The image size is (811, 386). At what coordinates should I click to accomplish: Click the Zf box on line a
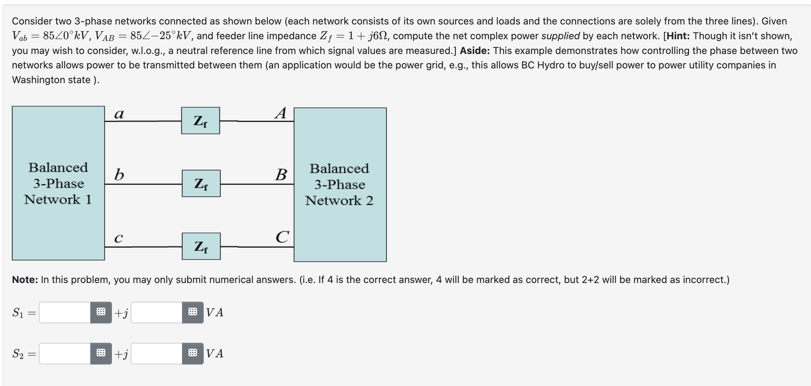tap(200, 121)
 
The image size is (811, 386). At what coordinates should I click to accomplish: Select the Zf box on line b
tap(201, 183)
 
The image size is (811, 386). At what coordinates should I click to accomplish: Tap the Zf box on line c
tap(201, 246)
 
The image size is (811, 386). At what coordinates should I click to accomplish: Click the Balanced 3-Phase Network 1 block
tap(58, 183)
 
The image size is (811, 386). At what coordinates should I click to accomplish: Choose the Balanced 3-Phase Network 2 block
tap(340, 184)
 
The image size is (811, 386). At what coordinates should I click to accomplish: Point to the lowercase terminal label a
tap(119, 114)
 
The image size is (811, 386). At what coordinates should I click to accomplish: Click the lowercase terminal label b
tap(119, 175)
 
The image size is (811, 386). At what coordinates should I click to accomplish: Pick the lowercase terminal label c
tap(118, 238)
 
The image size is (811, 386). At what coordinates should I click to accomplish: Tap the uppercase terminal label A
tap(281, 113)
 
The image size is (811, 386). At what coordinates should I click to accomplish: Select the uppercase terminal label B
tap(281, 175)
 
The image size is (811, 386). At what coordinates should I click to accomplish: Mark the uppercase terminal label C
tap(282, 237)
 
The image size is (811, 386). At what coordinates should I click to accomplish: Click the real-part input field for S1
tap(65, 312)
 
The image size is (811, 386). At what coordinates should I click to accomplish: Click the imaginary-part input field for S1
tap(157, 312)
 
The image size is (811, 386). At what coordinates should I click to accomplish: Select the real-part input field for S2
tap(65, 353)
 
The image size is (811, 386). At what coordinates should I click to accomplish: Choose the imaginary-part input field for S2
tap(157, 353)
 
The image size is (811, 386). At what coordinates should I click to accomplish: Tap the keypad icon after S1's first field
tap(101, 312)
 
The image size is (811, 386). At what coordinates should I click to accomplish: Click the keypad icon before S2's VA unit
tap(193, 353)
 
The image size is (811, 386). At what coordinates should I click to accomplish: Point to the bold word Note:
tap(25, 280)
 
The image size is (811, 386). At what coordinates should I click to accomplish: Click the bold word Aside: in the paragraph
tap(475, 51)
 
